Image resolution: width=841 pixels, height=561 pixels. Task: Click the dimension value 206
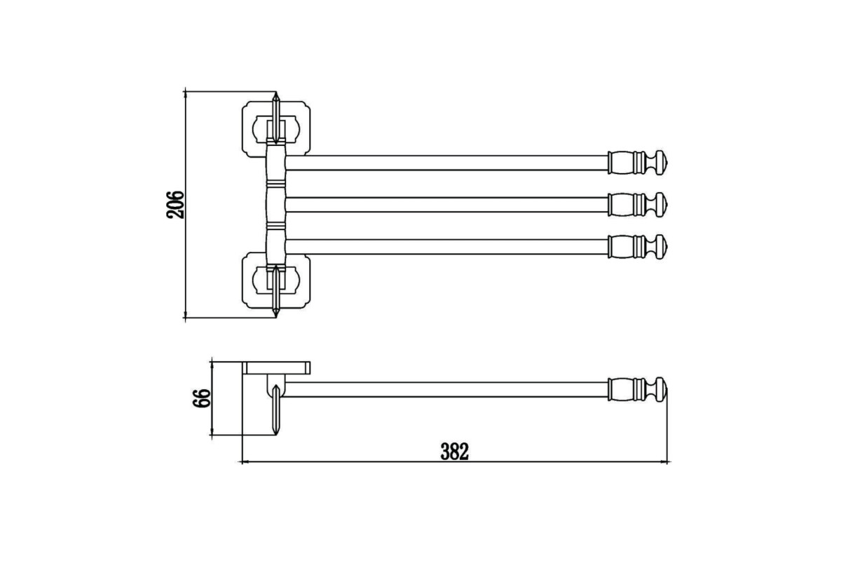[175, 205]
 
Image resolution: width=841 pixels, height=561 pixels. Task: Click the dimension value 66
[202, 398]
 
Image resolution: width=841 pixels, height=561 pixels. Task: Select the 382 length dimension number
[455, 452]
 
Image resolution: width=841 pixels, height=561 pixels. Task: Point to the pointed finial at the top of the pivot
[276, 118]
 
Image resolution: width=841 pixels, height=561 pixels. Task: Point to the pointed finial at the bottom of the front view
[276, 291]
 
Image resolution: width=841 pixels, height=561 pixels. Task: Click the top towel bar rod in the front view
[447, 163]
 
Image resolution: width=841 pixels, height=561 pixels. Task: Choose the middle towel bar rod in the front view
[447, 205]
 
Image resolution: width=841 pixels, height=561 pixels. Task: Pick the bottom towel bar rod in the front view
[447, 247]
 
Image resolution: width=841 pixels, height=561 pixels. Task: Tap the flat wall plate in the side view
[276, 368]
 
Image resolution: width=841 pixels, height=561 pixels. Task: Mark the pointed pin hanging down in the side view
[276, 410]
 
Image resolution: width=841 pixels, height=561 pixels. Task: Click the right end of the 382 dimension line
[667, 462]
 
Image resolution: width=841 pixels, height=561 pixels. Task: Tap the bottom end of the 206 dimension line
[185, 318]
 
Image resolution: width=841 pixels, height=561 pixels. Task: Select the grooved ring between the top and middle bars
[276, 184]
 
